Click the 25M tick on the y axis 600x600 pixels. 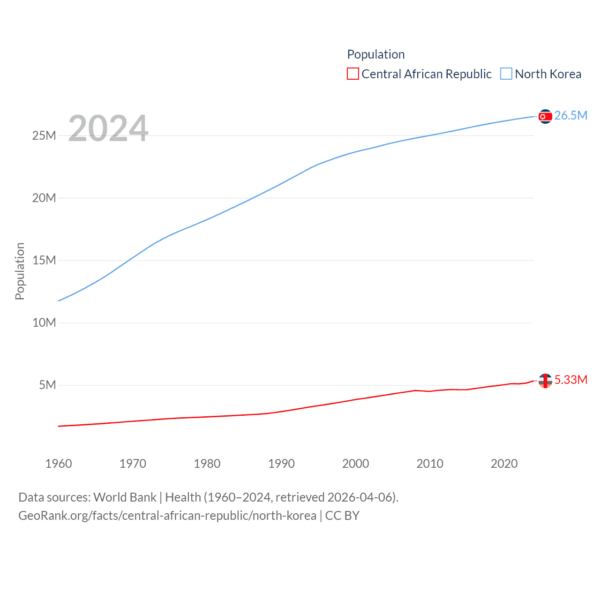(44, 136)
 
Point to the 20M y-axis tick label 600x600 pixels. (44, 198)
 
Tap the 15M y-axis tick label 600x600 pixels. (44, 261)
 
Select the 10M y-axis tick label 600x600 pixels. (44, 323)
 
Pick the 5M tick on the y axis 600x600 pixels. (47, 385)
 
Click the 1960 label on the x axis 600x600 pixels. (59, 464)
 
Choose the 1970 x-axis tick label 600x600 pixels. (133, 464)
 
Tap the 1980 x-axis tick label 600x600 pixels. (207, 464)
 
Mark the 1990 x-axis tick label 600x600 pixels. (281, 464)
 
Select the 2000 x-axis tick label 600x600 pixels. (356, 464)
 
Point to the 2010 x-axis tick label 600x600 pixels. (430, 464)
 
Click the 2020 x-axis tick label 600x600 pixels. (504, 464)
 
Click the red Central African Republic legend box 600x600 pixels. (353, 74)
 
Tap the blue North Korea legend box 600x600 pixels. (506, 74)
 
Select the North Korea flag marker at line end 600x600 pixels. (545, 116)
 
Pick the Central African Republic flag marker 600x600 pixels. (545, 381)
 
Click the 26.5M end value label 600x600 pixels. (570, 116)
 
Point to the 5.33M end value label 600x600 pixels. (570, 380)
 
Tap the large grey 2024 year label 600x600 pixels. (108, 128)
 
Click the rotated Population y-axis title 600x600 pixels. (20, 271)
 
